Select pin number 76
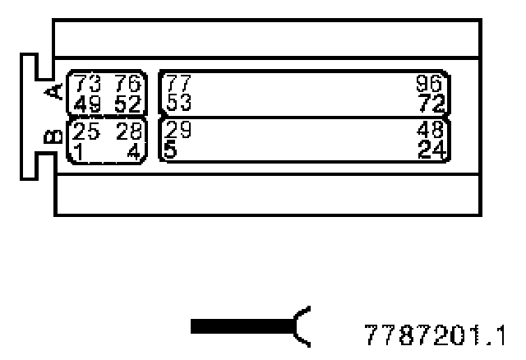130,83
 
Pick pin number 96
430,83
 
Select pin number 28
130,130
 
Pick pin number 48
430,130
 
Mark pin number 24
430,150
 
